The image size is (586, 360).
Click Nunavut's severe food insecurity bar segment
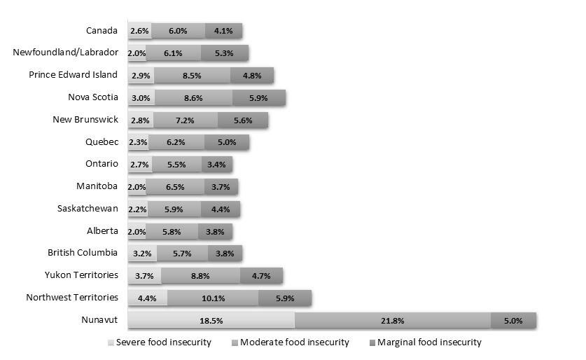pos(211,321)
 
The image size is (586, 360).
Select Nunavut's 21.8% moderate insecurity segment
pos(393,321)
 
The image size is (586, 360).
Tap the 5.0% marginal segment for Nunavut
pos(513,321)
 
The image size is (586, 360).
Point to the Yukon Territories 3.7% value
pos(144,276)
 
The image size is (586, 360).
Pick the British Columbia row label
pos(83,253)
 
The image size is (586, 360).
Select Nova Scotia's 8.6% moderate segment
pos(193,97)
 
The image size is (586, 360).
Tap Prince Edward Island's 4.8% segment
pos(252,75)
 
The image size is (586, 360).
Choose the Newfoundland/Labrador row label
pos(66,53)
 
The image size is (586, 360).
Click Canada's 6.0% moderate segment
pos(178,31)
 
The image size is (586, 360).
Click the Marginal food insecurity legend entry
pos(425,342)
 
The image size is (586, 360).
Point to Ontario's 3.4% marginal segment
pos(216,165)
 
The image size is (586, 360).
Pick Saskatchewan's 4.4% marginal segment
pos(220,209)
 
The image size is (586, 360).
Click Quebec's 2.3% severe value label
pos(137,142)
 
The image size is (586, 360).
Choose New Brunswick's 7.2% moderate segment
pos(185,120)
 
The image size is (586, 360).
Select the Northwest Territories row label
pos(72,298)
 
